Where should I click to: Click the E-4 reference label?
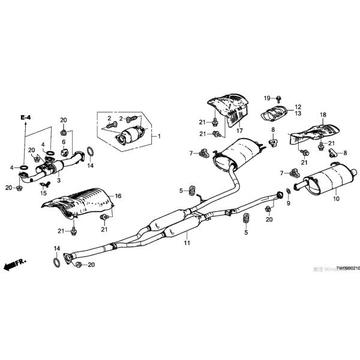(x=25, y=118)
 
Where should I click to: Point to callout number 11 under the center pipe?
(x=187, y=242)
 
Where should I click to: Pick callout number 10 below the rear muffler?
(x=335, y=198)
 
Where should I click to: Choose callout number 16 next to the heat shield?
(x=118, y=196)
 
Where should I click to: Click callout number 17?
(x=239, y=130)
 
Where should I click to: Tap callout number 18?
(x=322, y=114)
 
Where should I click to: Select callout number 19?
(x=267, y=97)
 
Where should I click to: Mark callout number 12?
(x=298, y=106)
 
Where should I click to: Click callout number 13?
(x=298, y=113)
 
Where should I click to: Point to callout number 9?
(x=287, y=204)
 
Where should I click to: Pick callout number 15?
(x=43, y=193)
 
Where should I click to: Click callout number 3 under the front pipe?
(x=59, y=180)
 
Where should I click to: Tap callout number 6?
(x=64, y=142)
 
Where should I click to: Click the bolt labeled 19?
(x=280, y=98)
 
